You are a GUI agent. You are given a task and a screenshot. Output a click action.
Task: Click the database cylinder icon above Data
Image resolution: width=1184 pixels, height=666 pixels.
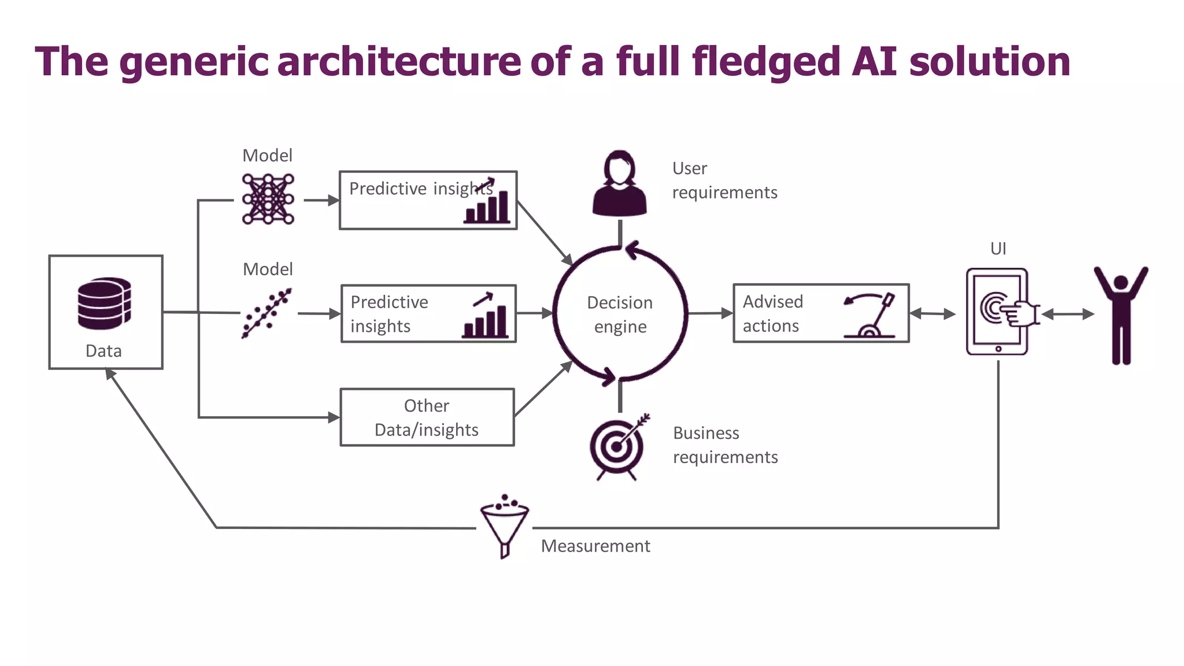pyautogui.click(x=104, y=303)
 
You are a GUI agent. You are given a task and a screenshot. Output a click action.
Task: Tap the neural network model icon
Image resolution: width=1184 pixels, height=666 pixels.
pyautogui.click(x=268, y=199)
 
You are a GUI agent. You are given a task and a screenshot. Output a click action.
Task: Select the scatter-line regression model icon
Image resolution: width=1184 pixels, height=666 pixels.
pyautogui.click(x=267, y=313)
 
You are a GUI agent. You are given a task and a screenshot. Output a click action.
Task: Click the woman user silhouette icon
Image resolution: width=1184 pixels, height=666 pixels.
pyautogui.click(x=619, y=183)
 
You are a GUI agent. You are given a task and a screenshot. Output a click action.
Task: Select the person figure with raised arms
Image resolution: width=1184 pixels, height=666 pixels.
pyautogui.click(x=1120, y=315)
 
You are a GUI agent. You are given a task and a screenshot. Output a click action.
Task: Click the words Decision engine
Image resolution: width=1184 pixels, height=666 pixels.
pyautogui.click(x=620, y=314)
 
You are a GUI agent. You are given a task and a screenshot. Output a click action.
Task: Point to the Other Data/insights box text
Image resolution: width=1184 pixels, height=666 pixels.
pyautogui.click(x=427, y=417)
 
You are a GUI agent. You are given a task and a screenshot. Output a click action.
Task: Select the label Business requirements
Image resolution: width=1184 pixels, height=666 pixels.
pyautogui.click(x=725, y=445)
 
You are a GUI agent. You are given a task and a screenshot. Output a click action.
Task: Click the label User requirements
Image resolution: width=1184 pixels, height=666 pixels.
pyautogui.click(x=724, y=180)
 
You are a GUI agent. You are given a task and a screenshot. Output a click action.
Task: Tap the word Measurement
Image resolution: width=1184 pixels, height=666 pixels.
pyautogui.click(x=595, y=546)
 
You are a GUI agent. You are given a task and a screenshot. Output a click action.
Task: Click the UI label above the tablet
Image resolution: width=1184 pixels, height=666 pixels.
pyautogui.click(x=998, y=249)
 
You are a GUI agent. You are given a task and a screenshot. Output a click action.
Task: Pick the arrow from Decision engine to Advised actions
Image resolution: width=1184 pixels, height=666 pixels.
pyautogui.click(x=711, y=313)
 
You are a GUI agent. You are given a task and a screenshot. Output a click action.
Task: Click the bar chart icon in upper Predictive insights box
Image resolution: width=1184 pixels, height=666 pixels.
pyautogui.click(x=487, y=206)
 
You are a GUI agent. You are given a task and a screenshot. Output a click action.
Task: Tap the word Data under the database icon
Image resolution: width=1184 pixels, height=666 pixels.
pyautogui.click(x=103, y=351)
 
